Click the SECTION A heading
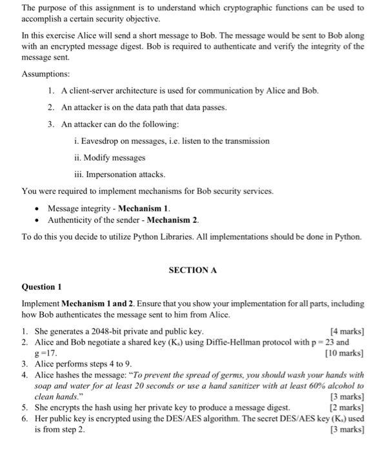coord(192,270)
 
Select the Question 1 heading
coord(42,286)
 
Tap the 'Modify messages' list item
coord(110,157)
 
